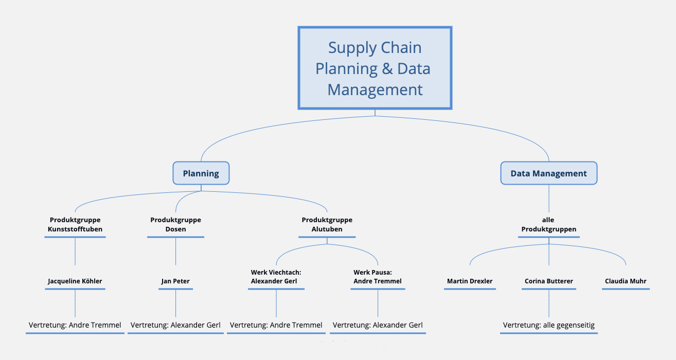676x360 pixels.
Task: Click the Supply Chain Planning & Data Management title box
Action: point(375,68)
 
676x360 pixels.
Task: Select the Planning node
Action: point(201,173)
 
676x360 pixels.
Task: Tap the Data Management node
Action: point(548,173)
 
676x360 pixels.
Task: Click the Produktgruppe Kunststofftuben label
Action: point(75,224)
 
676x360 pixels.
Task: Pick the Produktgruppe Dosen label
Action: point(175,224)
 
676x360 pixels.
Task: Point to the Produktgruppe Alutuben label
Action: point(327,224)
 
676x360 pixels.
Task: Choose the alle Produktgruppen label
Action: point(548,224)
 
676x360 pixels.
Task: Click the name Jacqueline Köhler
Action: point(75,281)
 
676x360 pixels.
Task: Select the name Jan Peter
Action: point(175,281)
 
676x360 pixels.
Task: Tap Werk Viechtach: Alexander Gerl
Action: point(276,277)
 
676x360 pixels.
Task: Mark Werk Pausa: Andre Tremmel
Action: point(378,277)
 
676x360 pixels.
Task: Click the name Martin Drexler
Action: point(470,281)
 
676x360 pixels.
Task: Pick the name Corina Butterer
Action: point(548,281)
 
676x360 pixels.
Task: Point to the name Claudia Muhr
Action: point(626,281)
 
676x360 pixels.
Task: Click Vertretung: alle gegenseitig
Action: point(548,325)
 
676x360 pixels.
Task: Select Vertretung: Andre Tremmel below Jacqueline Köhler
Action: point(75,325)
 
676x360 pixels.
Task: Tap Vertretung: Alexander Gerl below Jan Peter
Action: point(175,325)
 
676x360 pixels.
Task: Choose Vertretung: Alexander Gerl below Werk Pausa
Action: point(378,325)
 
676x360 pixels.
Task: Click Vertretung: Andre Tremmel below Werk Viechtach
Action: point(276,325)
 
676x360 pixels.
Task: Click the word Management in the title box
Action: point(375,89)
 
